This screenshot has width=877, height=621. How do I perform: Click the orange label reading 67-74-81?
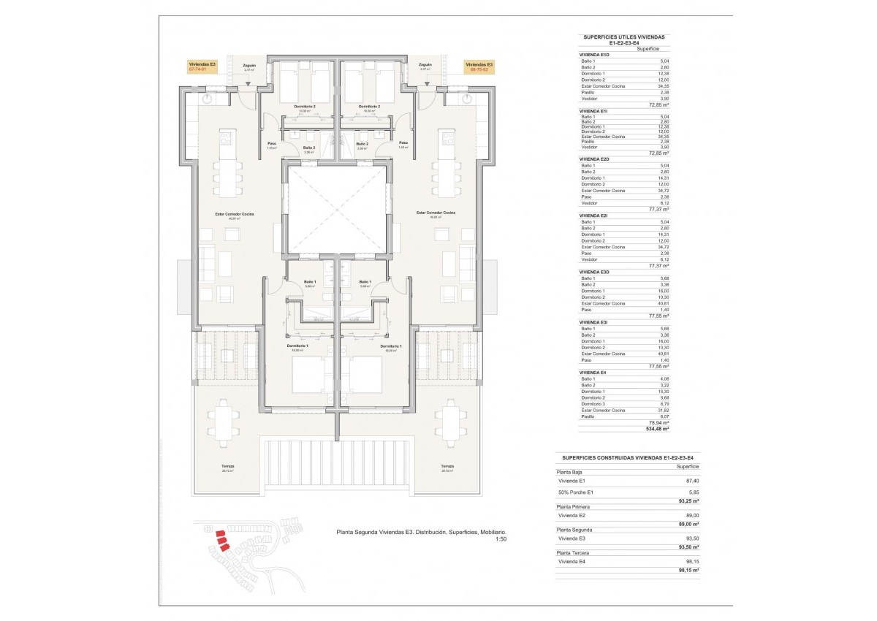point(202,69)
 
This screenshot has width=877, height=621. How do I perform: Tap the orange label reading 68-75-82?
point(480,69)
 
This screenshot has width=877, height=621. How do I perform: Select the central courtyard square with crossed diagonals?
point(337,209)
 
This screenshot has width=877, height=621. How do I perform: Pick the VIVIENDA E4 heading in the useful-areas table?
point(593,373)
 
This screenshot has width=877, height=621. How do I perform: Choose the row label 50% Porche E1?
point(577,492)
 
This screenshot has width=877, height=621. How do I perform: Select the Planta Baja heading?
point(570,472)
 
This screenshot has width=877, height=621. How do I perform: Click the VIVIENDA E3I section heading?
point(593,322)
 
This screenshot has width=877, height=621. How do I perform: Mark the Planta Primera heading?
point(574,506)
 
